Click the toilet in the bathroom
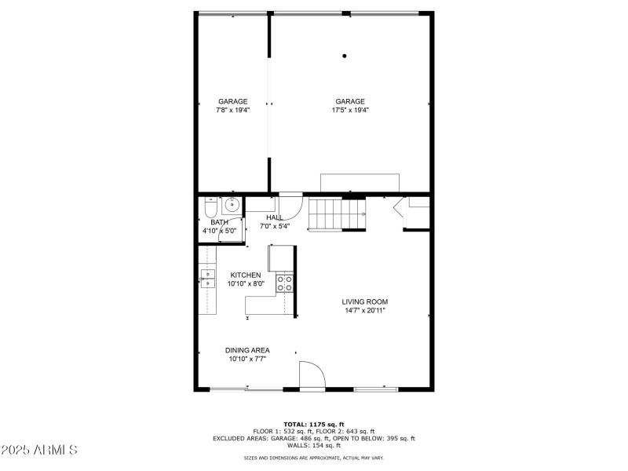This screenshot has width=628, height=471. point(210,208)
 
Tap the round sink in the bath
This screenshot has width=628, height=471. point(232,206)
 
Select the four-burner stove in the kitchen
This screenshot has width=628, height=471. point(285,283)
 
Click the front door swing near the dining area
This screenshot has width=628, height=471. point(312,374)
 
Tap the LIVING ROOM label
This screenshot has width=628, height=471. point(364,301)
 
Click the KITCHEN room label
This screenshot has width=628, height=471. point(245,275)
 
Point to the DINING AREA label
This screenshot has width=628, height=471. point(247,350)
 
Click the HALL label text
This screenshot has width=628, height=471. point(275,217)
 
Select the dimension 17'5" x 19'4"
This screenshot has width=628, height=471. point(350,110)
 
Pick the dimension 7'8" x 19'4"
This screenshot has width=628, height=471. point(232,110)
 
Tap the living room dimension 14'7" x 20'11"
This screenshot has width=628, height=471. point(364,310)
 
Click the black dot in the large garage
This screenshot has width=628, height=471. point(344,56)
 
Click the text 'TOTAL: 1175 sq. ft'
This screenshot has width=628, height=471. point(313,424)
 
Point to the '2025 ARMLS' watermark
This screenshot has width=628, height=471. point(39,451)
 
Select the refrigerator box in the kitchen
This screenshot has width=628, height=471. point(281,257)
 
